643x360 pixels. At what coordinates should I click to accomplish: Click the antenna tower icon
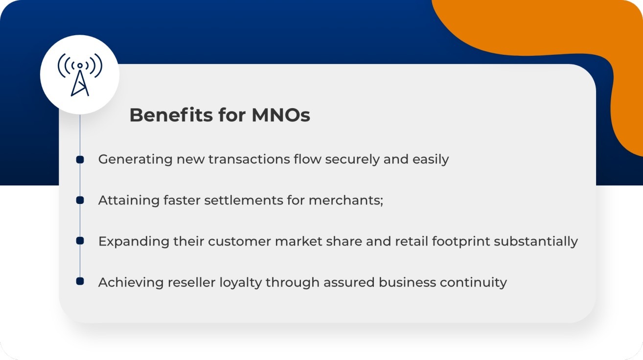pos(80,74)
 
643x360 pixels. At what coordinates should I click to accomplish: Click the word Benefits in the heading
pos(171,115)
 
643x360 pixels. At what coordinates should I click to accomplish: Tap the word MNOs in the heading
pos(281,115)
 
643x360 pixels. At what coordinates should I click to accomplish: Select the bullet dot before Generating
pos(80,159)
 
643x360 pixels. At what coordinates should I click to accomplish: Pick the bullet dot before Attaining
pos(80,200)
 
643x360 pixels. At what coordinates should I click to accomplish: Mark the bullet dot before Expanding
pos(80,241)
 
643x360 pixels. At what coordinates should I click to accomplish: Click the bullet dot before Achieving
pos(80,281)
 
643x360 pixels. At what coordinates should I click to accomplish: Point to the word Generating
pos(135,160)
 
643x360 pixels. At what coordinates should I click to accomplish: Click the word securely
pos(352,160)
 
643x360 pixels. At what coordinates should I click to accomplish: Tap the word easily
pos(431,160)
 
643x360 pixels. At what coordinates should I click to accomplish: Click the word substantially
pos(536,242)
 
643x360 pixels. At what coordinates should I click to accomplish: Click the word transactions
pos(249,160)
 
